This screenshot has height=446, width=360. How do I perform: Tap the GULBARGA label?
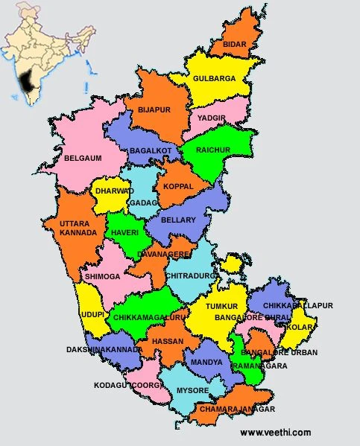[215, 78]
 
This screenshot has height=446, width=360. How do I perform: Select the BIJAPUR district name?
[154, 109]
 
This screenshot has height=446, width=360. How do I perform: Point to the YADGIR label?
[212, 118]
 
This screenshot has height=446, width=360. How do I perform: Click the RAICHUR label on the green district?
[212, 150]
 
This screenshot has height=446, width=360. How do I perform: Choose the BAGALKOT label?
[150, 151]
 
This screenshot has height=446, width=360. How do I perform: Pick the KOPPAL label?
[178, 186]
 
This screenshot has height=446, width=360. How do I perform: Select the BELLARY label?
[177, 220]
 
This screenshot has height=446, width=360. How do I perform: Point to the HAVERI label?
[124, 232]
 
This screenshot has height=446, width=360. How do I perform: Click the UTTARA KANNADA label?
[78, 228]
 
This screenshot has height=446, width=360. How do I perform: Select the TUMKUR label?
[222, 306]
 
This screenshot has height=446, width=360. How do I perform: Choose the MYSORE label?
[193, 389]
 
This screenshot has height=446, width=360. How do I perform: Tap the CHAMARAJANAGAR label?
[236, 410]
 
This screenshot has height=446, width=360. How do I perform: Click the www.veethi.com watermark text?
[276, 433]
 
